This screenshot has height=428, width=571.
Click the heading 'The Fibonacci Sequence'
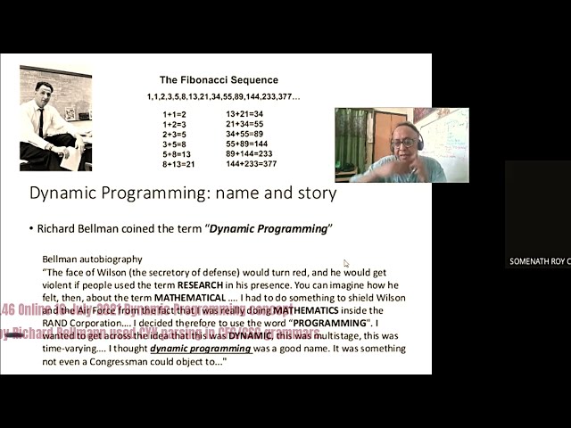pyautogui.click(x=219, y=79)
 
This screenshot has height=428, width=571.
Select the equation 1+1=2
pyautogui.click(x=176, y=114)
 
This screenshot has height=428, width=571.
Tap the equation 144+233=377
pyautogui.click(x=251, y=164)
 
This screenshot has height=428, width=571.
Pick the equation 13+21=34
pyautogui.click(x=244, y=114)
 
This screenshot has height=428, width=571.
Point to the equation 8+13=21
pyautogui.click(x=178, y=164)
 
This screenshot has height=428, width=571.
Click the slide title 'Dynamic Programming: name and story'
pyautogui.click(x=183, y=193)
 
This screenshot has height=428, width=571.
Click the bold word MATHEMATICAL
pyautogui.click(x=190, y=297)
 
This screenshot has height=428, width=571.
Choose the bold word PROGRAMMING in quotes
pyautogui.click(x=328, y=323)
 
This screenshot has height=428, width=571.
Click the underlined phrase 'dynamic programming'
pyautogui.click(x=201, y=349)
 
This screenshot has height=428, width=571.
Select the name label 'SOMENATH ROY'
pyautogui.click(x=538, y=261)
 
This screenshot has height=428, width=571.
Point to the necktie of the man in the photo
pyautogui.click(x=41, y=122)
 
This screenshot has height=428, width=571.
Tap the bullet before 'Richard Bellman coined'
pyautogui.click(x=31, y=229)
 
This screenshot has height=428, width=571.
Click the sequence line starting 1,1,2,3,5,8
pyautogui.click(x=224, y=96)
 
